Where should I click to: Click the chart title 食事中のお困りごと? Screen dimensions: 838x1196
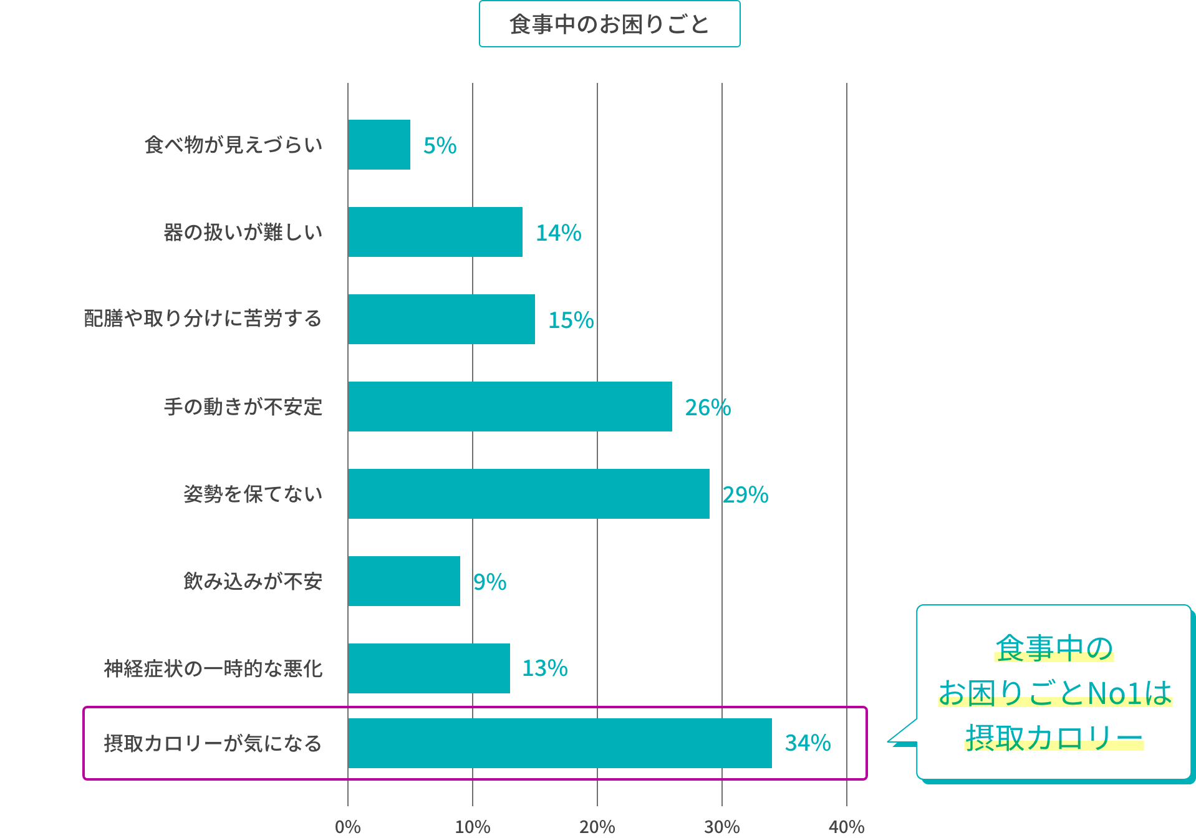tap(609, 24)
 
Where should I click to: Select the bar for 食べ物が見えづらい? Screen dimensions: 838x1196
tap(379, 145)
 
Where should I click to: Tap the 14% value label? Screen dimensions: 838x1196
tap(558, 233)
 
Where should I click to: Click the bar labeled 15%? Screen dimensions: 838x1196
tap(441, 319)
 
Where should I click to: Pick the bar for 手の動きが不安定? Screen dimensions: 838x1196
tap(510, 407)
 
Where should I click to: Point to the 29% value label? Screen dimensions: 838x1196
tap(745, 494)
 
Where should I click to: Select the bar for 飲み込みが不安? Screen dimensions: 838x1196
tap(404, 581)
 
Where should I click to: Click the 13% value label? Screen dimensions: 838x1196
tap(544, 668)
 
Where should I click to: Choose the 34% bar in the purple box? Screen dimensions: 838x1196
tap(560, 743)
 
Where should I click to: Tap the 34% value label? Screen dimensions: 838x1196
tap(808, 743)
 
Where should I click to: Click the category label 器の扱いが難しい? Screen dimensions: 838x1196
tap(243, 232)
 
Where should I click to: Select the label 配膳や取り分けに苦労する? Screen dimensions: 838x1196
tap(203, 319)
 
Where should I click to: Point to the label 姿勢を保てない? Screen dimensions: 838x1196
tap(253, 494)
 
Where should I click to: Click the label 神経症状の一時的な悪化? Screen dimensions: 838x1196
tap(213, 668)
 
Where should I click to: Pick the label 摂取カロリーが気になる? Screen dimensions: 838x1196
tap(213, 743)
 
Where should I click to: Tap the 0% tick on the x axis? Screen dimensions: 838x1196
tap(347, 827)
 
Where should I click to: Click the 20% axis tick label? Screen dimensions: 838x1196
tap(597, 827)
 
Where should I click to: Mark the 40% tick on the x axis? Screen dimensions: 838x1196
tap(846, 827)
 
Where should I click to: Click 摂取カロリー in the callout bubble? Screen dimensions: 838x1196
tap(1054, 738)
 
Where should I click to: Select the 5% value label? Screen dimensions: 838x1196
tap(440, 145)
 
